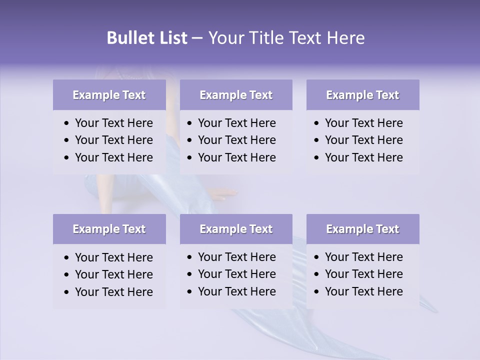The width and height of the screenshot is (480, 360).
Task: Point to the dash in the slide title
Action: coord(197,38)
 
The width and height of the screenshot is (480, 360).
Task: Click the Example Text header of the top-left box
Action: coord(109,95)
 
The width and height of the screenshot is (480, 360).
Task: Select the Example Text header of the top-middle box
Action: coord(236,95)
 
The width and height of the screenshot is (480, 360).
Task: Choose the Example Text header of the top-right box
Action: coord(362,95)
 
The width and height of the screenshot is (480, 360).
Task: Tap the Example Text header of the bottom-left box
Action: coord(109,229)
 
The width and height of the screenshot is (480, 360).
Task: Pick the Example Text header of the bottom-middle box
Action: coord(236,229)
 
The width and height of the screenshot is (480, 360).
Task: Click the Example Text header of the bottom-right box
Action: coord(362,229)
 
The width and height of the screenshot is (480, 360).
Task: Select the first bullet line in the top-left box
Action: coord(113,123)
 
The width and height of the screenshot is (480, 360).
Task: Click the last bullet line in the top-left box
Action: coord(113,157)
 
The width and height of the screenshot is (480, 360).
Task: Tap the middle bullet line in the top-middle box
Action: coord(236,140)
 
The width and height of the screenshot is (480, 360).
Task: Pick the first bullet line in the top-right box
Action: coord(363,123)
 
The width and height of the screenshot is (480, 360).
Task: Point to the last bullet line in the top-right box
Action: coord(363,157)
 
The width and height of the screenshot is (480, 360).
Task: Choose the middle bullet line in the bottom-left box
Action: coord(113,274)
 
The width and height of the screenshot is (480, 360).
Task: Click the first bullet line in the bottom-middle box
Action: coord(236,257)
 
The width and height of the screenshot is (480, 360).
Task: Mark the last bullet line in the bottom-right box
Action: coord(363,291)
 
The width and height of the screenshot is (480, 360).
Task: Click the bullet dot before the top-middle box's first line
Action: coord(190,123)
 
